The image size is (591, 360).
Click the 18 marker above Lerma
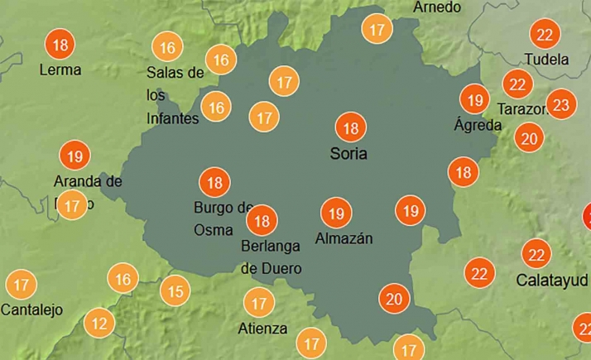click(60, 43)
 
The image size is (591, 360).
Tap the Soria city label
click(348, 153)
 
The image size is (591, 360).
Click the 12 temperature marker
click(100, 324)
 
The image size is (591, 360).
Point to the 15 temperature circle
click(175, 291)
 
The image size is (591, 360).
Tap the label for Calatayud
click(551, 280)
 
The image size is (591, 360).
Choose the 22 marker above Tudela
click(545, 35)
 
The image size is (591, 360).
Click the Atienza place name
click(262, 329)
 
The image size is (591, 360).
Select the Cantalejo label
click(32, 310)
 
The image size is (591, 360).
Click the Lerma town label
click(60, 70)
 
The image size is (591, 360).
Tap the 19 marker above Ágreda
click(475, 100)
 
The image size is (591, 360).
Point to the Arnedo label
click(436, 7)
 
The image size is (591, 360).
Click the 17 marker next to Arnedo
click(378, 30)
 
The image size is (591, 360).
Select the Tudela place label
click(547, 60)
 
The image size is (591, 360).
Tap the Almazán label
click(344, 239)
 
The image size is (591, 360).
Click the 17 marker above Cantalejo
click(22, 286)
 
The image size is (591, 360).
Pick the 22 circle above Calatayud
click(536, 254)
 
